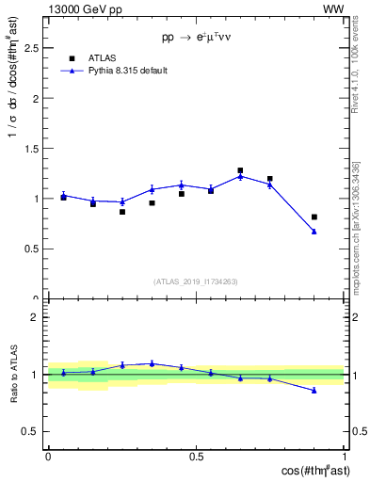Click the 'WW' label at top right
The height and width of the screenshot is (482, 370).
(x=333, y=8)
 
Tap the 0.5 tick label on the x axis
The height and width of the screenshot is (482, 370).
(x=196, y=456)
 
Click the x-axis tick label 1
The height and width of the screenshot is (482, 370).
(x=344, y=456)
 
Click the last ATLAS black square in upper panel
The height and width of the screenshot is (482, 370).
(x=314, y=217)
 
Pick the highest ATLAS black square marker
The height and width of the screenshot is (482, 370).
(x=240, y=170)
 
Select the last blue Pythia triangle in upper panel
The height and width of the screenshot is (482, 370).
(x=314, y=232)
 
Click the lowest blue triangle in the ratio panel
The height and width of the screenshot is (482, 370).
(x=314, y=391)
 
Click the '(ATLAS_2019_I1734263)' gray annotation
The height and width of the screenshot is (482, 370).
(x=196, y=280)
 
